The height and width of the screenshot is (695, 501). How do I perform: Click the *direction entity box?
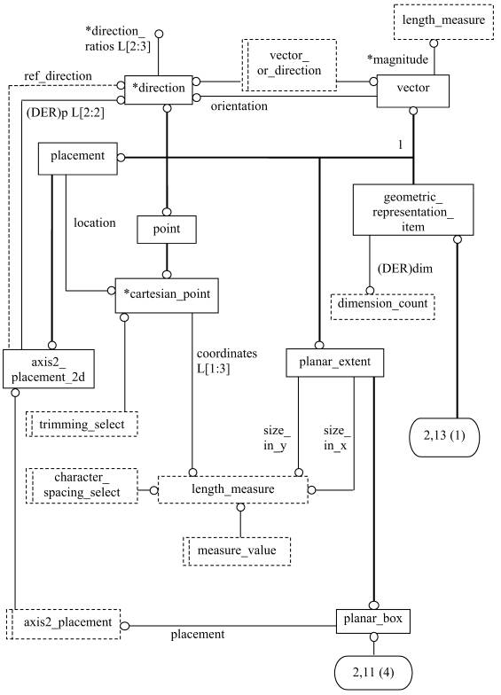click(158, 90)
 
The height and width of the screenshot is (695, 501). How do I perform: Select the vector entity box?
click(413, 90)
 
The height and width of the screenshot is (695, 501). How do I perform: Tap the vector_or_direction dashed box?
click(289, 66)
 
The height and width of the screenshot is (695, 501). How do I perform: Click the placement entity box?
click(78, 158)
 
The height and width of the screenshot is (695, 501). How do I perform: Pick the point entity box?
click(167, 230)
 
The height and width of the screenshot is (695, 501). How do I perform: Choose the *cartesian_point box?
click(167, 296)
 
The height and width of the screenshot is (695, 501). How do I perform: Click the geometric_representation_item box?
click(413, 209)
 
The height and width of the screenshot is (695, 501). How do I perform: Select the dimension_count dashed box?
click(383, 307)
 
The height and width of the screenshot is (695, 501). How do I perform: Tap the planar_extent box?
click(335, 363)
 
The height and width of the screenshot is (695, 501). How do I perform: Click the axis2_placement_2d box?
click(49, 369)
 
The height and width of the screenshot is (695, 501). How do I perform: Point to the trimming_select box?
click(82, 424)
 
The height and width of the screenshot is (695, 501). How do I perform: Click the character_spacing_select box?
click(82, 486)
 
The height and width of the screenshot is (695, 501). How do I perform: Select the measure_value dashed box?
click(237, 551)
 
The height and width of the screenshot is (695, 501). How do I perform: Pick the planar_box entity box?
click(372, 621)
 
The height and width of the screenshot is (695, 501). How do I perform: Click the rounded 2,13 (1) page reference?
click(444, 437)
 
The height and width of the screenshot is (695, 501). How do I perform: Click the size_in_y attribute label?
click(275, 438)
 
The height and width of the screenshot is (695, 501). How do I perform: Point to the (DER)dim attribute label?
click(404, 269)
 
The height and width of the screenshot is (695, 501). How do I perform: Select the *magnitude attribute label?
click(397, 59)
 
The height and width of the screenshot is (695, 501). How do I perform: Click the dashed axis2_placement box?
click(64, 624)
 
